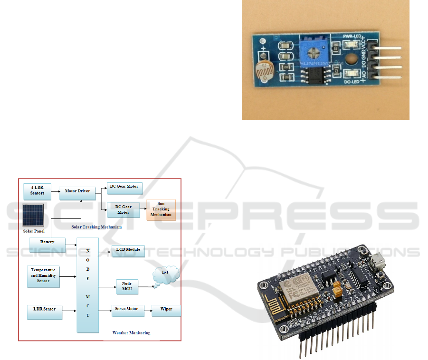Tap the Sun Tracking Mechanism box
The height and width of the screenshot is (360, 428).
(x=161, y=209)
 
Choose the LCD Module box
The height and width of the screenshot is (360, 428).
(x=128, y=249)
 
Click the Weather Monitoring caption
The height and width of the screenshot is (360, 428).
(x=131, y=333)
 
